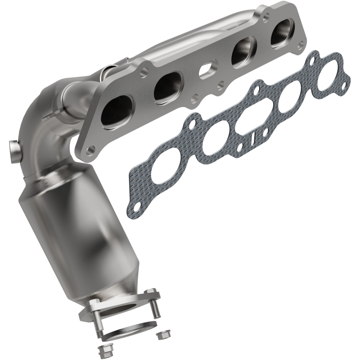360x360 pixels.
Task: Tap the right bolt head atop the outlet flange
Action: pyautogui.click(x=151, y=292)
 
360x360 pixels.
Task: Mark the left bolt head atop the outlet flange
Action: pyautogui.click(x=95, y=302)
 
